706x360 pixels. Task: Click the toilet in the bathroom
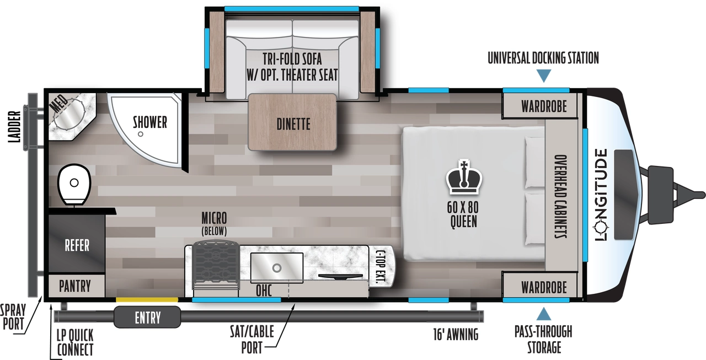coord(74,184)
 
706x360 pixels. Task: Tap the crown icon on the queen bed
coord(462,178)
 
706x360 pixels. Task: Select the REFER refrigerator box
coord(77,244)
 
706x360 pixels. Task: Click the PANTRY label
coord(75,286)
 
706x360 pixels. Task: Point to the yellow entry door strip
coord(147,299)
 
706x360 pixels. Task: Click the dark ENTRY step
coord(147,317)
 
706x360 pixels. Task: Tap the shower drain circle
coord(141,134)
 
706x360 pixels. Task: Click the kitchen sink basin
coord(277,267)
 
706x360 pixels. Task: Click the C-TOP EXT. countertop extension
coord(381,267)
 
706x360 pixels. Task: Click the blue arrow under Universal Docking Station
coord(544,76)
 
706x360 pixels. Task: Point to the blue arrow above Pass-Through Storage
coord(544,314)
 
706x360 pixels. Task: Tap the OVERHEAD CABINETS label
coord(560,195)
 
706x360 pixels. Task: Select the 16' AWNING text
coord(456,334)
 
